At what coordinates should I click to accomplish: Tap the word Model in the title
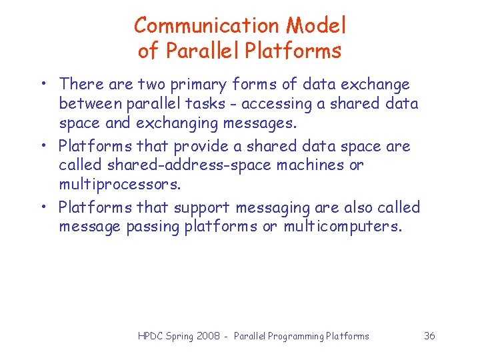click(x=317, y=26)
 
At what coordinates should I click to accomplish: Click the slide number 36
click(x=429, y=336)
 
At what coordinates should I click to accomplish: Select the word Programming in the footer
click(x=295, y=336)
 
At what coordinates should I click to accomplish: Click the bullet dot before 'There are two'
click(x=42, y=85)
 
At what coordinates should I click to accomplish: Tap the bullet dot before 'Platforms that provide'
click(x=42, y=146)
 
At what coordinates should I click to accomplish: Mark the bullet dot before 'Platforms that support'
click(x=42, y=207)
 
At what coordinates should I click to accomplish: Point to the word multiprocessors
click(x=119, y=184)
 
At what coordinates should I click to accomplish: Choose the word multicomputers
click(x=343, y=227)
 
